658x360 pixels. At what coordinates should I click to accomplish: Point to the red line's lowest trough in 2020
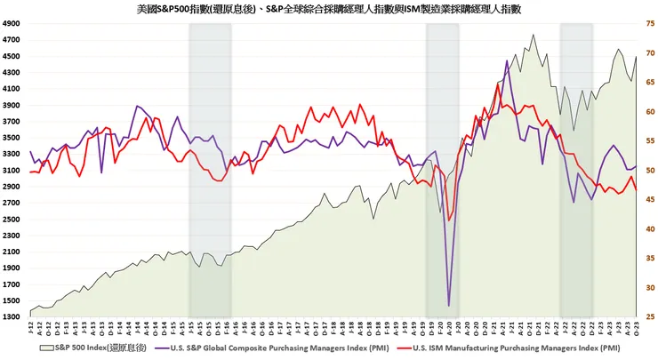coord(450,220)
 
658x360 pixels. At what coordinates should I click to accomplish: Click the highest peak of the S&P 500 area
coord(533,35)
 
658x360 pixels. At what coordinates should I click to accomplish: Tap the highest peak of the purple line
coord(507,60)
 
